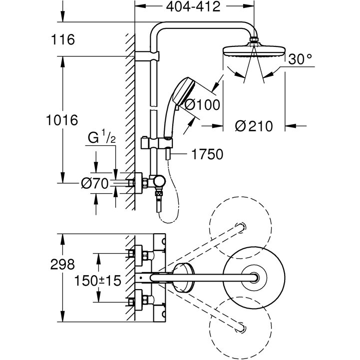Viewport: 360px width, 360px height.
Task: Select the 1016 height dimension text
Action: (61, 120)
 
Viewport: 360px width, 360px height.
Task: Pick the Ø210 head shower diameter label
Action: (254, 126)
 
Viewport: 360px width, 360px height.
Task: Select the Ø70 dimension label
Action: (95, 184)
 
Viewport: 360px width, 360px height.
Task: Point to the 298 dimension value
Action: (62, 264)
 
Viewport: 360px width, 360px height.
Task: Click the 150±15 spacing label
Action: (98, 281)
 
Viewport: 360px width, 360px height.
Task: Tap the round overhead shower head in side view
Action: (256, 51)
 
